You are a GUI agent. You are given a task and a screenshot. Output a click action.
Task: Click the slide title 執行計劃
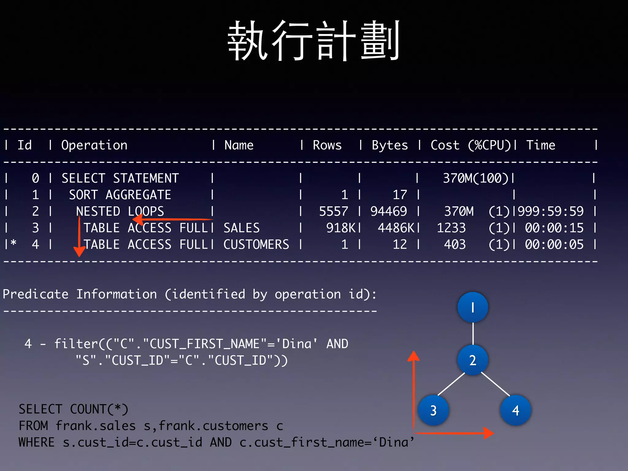coord(313,41)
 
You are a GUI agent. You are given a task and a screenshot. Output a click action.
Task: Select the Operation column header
coord(94,145)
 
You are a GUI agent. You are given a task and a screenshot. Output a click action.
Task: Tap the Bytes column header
coord(390,145)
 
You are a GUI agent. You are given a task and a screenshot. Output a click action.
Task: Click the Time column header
coord(541,145)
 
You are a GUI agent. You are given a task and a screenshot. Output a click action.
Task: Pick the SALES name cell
coord(242,228)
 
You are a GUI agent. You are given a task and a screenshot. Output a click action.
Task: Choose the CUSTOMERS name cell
coord(256,244)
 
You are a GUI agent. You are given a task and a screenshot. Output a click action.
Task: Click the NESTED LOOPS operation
coord(120,211)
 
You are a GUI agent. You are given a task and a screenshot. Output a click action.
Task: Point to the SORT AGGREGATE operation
coord(120,195)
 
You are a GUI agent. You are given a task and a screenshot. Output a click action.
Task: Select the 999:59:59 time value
coord(550,211)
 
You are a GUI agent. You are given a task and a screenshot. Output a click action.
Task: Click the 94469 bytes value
coord(389,211)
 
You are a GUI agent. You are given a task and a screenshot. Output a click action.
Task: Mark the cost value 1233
coord(451,228)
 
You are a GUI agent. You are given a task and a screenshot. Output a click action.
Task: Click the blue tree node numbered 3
coord(433,410)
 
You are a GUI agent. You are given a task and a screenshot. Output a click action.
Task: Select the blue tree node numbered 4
coord(515,410)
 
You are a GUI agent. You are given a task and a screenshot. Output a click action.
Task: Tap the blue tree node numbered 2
coord(473,360)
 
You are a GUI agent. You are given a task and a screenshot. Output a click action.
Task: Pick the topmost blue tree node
coord(473,307)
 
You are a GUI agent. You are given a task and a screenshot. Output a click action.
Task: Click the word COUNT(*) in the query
coord(99,409)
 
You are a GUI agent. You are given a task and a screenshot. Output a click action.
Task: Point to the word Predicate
coord(36,294)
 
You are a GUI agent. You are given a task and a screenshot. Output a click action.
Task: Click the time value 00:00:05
coord(554,244)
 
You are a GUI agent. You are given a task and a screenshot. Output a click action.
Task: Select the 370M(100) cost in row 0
coord(476,178)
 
